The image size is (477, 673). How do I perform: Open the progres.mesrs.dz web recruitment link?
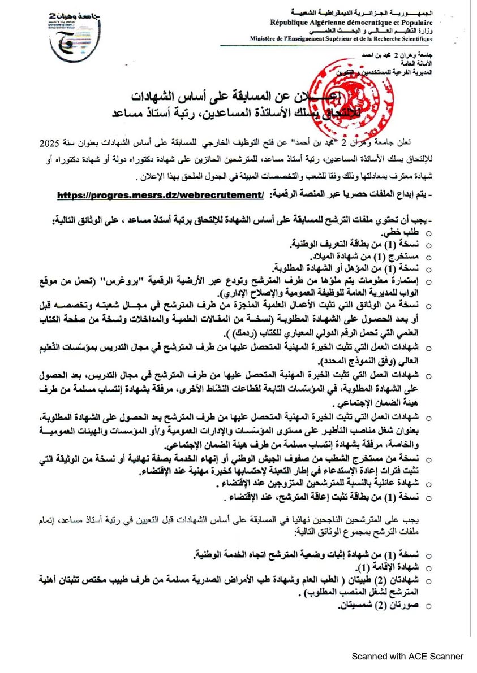coord(161,195)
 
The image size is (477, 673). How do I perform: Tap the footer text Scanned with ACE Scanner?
coord(407,656)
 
